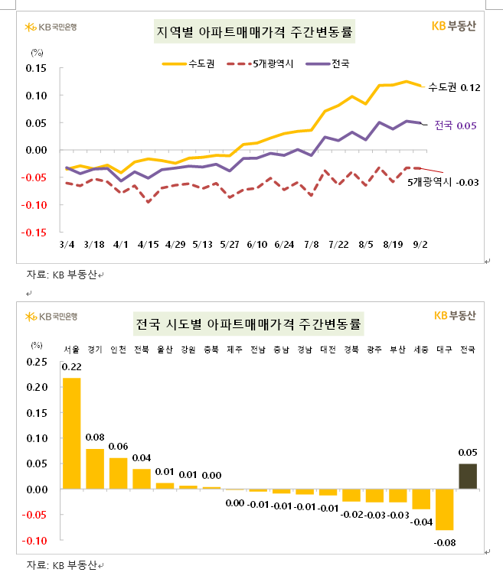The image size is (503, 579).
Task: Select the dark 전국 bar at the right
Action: [x=467, y=476]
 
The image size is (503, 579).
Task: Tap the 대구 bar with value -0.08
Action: [x=445, y=509]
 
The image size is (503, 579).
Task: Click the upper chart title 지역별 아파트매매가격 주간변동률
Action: [x=256, y=34]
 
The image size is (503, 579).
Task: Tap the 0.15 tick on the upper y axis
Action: [x=36, y=68]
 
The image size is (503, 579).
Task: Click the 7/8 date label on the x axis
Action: [x=312, y=245]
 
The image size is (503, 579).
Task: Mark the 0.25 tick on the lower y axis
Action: [x=36, y=362]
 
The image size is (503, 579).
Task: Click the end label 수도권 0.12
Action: [x=454, y=87]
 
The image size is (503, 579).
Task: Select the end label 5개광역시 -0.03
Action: [x=443, y=182]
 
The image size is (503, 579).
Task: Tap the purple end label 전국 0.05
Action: [x=456, y=125]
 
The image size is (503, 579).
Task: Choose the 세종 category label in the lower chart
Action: [x=421, y=350]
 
